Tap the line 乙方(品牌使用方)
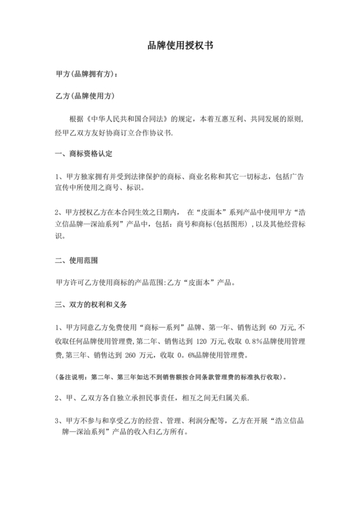(85, 96)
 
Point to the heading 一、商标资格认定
(85, 154)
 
